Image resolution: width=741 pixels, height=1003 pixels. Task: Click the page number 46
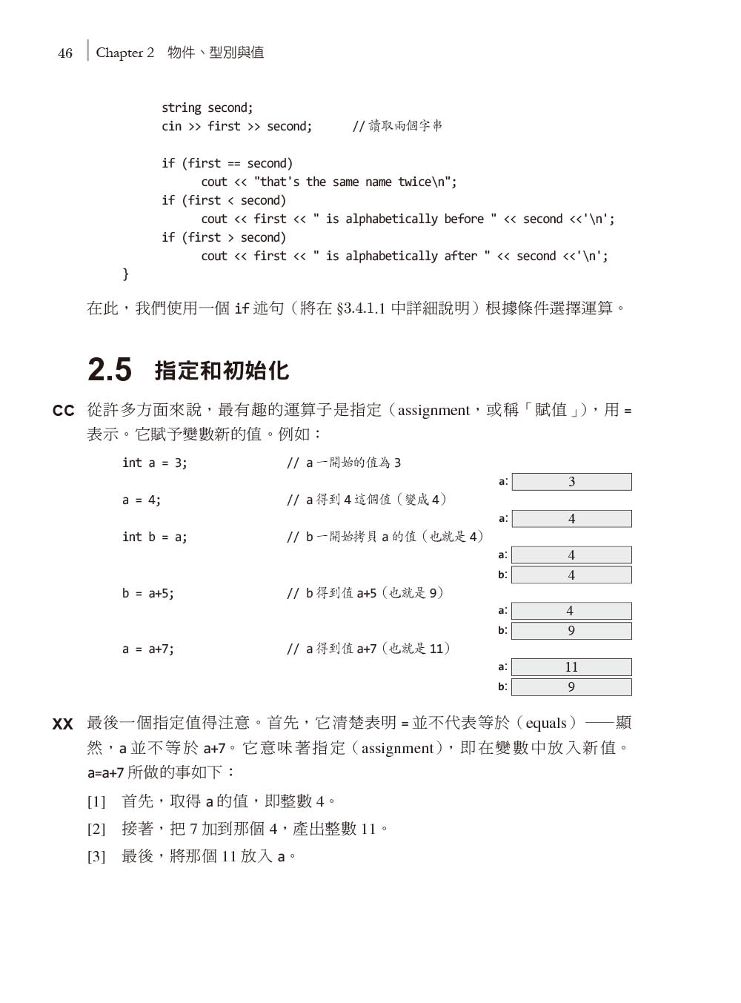pyautogui.click(x=65, y=53)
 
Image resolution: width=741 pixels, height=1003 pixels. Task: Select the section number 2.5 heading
pyautogui.click(x=110, y=370)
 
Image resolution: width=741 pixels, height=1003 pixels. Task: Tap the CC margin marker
pyautogui.click(x=63, y=411)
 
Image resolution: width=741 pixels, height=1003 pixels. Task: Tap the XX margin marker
pyautogui.click(x=62, y=724)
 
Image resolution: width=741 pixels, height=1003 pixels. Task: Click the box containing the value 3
pyautogui.click(x=571, y=482)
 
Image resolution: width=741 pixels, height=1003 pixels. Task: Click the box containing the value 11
pyautogui.click(x=571, y=667)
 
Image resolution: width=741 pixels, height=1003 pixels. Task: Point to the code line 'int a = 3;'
pyautogui.click(x=154, y=463)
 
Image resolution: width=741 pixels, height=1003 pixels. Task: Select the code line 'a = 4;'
pyautogui.click(x=141, y=500)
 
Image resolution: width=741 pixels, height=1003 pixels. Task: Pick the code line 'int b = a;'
pyautogui.click(x=154, y=537)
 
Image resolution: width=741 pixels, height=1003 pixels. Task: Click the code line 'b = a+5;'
pyautogui.click(x=147, y=593)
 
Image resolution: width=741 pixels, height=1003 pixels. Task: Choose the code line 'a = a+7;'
pyautogui.click(x=147, y=649)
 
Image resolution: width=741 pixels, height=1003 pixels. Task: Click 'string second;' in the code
pyautogui.click(x=207, y=108)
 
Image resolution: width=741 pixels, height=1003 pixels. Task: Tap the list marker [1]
pyautogui.click(x=96, y=801)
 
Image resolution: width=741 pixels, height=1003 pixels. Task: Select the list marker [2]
pyautogui.click(x=96, y=829)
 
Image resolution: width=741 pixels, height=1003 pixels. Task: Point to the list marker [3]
pyautogui.click(x=96, y=857)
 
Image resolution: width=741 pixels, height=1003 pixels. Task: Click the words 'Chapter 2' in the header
pyautogui.click(x=124, y=53)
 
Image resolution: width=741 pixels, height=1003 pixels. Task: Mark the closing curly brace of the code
pyautogui.click(x=125, y=274)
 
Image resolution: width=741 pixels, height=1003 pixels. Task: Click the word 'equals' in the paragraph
pyautogui.click(x=546, y=724)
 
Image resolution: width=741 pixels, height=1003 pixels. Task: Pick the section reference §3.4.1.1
pyautogui.click(x=361, y=308)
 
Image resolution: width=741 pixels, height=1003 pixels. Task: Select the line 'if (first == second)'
pyautogui.click(x=227, y=164)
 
